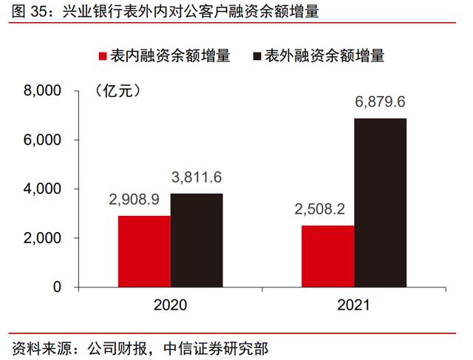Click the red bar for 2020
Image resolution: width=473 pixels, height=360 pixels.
coord(144,251)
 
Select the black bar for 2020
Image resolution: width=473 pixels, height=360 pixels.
coord(197,240)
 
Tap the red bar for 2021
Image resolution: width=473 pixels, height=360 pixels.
coord(327,257)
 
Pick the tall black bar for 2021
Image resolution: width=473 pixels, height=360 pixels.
coord(380,203)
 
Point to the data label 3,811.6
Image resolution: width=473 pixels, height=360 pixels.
coord(197,177)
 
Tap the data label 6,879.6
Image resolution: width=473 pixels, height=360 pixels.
coord(380,102)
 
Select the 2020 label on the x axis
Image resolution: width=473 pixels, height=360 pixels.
coord(170,305)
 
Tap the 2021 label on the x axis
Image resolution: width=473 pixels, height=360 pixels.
coord(353,305)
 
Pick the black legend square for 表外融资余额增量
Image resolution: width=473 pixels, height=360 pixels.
coord(258,55)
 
